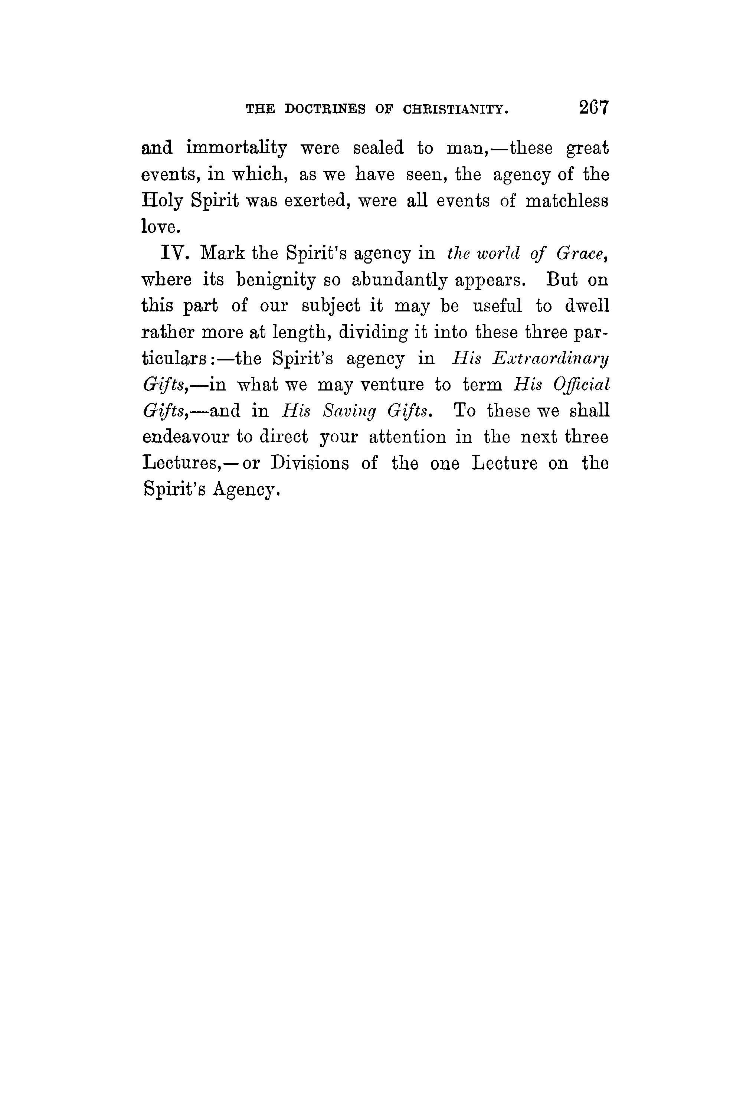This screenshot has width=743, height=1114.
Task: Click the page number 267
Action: point(593,108)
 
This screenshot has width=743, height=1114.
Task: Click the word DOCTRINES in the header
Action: point(325,110)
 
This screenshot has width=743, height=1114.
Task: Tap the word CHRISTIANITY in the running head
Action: point(456,110)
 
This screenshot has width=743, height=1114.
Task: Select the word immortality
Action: point(236,149)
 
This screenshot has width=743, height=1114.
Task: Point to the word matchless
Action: point(567,201)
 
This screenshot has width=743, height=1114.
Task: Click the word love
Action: point(161,228)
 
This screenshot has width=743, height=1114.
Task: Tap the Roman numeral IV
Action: point(175,254)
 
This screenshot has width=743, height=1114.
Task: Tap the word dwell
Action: point(587,306)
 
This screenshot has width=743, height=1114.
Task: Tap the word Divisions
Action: point(310,463)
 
